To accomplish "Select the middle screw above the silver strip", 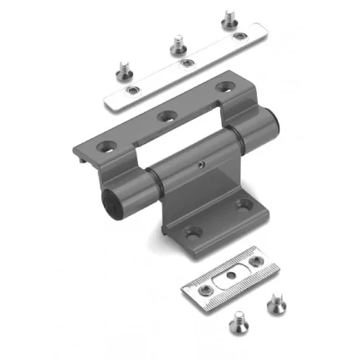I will [177, 41].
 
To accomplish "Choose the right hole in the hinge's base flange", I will [242, 203].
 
